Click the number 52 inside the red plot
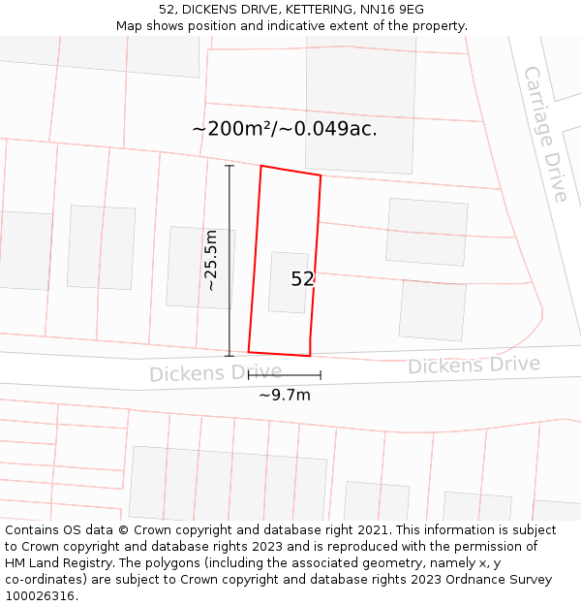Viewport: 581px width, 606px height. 302,279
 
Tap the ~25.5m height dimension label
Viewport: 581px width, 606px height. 211,260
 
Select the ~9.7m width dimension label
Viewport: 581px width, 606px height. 284,395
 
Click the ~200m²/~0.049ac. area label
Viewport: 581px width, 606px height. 284,129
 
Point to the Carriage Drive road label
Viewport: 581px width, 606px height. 546,134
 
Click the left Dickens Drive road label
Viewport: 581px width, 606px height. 215,373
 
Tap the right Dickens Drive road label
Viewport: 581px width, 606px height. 474,366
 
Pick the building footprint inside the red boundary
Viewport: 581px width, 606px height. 288,282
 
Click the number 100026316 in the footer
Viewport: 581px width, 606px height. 40,596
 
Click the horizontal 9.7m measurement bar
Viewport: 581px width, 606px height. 284,374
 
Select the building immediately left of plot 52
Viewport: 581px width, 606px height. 200,268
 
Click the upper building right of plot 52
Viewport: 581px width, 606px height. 426,232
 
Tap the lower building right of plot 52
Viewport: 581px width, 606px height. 432,310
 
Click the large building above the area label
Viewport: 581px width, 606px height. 360,87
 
